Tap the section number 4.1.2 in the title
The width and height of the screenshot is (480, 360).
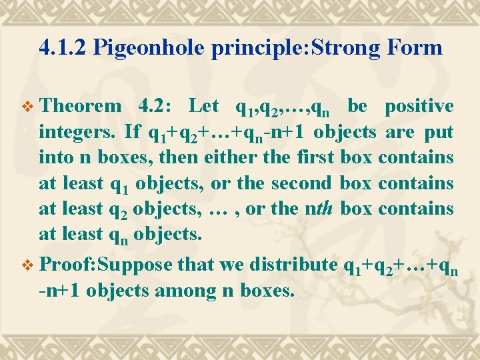point(63,47)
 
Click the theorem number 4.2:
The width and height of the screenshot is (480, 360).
point(156,106)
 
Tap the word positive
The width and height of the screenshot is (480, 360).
point(420,106)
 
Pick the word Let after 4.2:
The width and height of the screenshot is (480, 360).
point(204,106)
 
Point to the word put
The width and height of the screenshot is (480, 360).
point(439,132)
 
